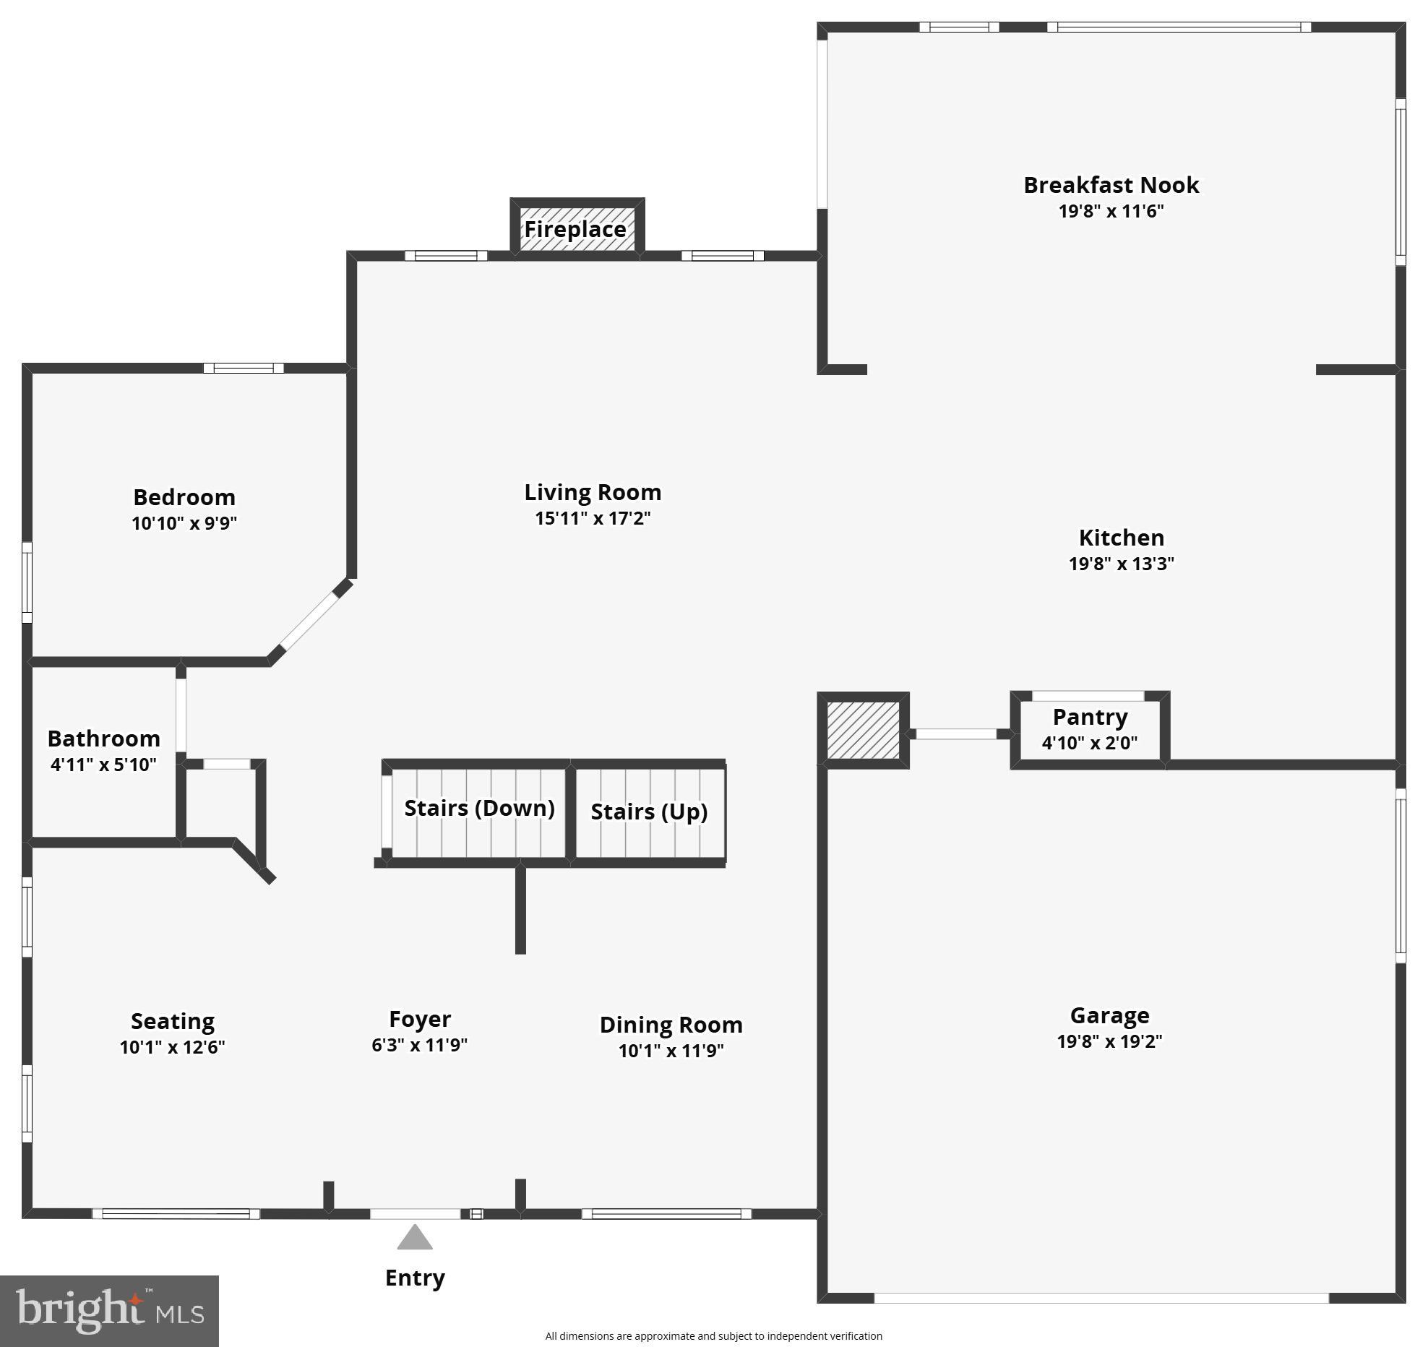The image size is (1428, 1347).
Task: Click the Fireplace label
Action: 575,229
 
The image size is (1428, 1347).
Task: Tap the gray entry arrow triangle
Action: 415,1238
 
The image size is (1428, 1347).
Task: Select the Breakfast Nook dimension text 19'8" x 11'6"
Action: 1111,212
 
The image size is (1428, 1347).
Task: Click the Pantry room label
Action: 1090,718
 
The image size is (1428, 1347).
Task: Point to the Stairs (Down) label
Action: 479,808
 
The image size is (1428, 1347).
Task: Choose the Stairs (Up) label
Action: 649,812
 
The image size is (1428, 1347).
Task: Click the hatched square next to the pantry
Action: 863,730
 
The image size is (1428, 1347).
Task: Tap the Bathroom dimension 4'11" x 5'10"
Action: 103,765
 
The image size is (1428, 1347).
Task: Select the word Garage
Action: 1109,1015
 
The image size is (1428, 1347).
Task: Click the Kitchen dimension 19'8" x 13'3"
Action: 1121,564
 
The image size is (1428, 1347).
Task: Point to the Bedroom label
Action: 184,497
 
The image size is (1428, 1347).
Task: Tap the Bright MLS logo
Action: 109,1311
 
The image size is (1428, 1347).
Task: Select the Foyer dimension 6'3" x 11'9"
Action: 419,1045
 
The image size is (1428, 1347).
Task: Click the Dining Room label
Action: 671,1025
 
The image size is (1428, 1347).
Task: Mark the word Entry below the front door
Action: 415,1278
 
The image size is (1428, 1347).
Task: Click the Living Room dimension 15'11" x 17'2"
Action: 593,518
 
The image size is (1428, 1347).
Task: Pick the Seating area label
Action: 173,1021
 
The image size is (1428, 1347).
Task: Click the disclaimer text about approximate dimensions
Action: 713,1336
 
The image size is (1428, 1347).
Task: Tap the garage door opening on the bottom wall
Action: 1101,1299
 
